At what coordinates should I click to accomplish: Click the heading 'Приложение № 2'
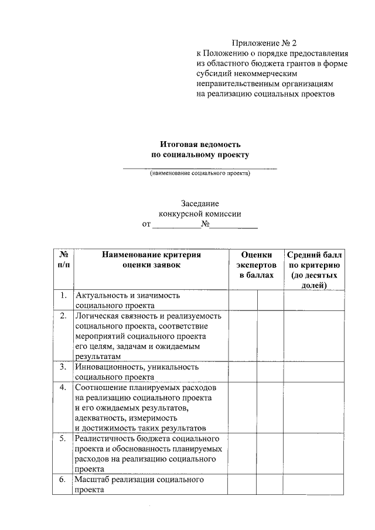(x=264, y=43)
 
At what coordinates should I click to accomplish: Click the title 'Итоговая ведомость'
(x=200, y=144)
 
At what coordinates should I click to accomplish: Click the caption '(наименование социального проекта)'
(x=200, y=173)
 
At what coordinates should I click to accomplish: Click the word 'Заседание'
(x=200, y=203)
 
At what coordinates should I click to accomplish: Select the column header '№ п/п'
(x=63, y=259)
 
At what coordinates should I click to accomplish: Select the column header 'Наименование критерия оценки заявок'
(x=151, y=259)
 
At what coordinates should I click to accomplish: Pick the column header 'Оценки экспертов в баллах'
(x=256, y=264)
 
